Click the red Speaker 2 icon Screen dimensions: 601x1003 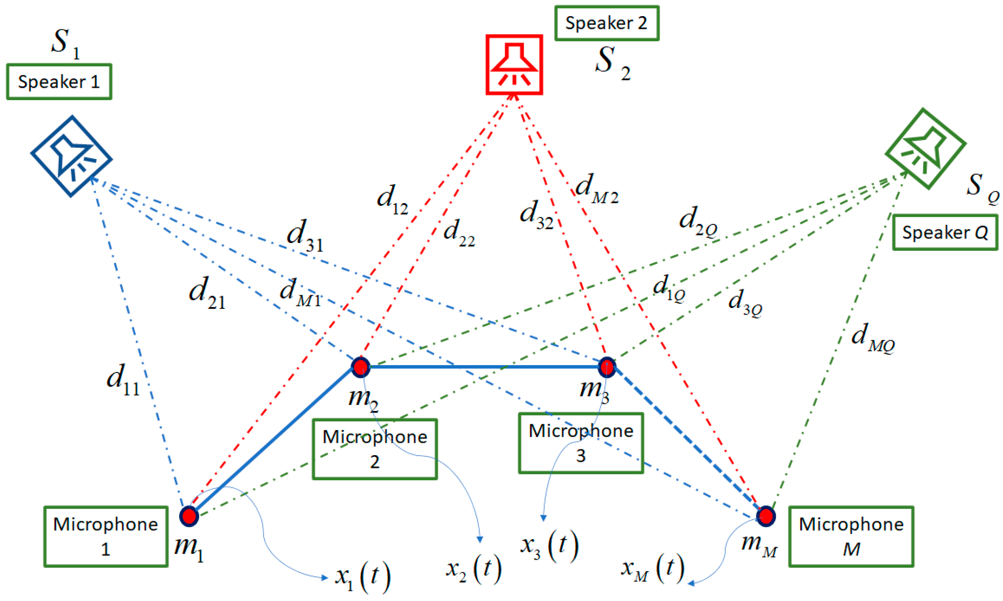point(514,64)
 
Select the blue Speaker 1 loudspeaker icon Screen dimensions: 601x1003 point(71,156)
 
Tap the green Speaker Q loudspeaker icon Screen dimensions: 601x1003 point(925,148)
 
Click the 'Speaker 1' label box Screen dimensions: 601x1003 point(59,82)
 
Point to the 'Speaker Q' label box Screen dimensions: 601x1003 point(944,232)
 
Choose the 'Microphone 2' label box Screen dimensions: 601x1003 point(374,449)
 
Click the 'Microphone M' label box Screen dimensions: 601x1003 point(851,536)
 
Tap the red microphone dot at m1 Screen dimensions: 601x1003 point(189,516)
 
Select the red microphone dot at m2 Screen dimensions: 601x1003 point(360,367)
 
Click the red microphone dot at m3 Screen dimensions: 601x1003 point(606,367)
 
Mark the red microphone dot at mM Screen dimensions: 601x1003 point(766,516)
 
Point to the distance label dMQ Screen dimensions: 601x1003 point(873,338)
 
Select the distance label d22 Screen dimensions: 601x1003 point(459,233)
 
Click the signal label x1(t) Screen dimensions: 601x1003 point(362,577)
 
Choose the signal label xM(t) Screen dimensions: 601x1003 point(652,568)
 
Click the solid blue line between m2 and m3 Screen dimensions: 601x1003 point(484,366)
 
